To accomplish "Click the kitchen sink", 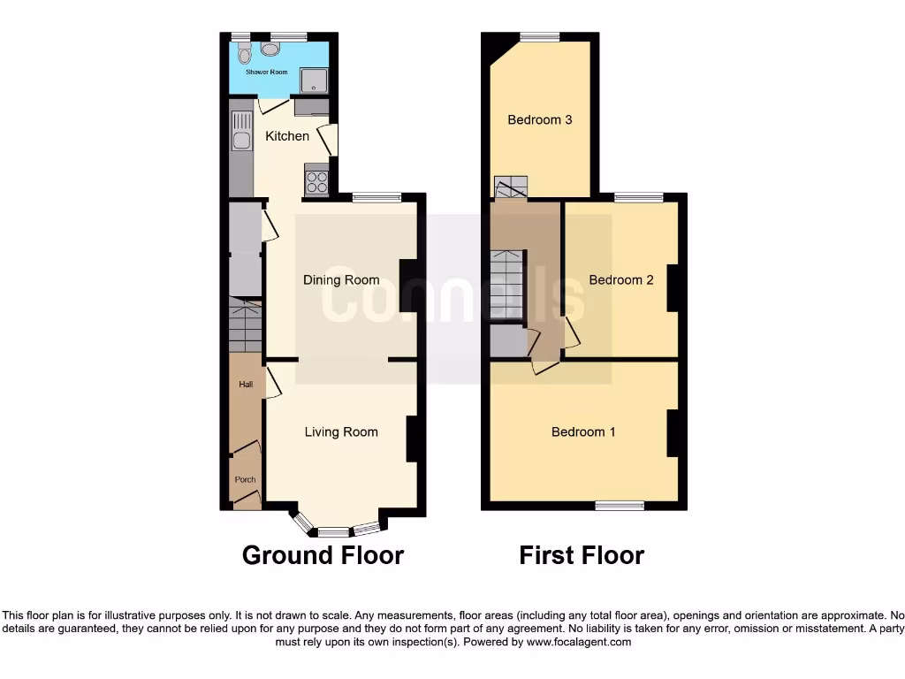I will click(240, 130).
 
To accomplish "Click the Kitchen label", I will click(287, 136).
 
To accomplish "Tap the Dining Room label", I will click(341, 280).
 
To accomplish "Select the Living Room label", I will click(341, 432).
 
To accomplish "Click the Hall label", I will click(246, 385).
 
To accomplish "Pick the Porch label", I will click(245, 480).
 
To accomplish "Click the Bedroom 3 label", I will click(540, 119).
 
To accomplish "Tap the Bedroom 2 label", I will click(621, 280).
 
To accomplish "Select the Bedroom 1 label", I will click(583, 432).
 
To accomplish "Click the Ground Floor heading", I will click(323, 555).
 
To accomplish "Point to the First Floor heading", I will click(582, 555).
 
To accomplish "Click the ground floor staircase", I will click(246, 327).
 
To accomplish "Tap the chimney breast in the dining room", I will click(408, 285).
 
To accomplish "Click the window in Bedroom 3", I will click(539, 37).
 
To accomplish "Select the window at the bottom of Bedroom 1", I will click(620, 506).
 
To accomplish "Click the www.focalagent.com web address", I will click(578, 642).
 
